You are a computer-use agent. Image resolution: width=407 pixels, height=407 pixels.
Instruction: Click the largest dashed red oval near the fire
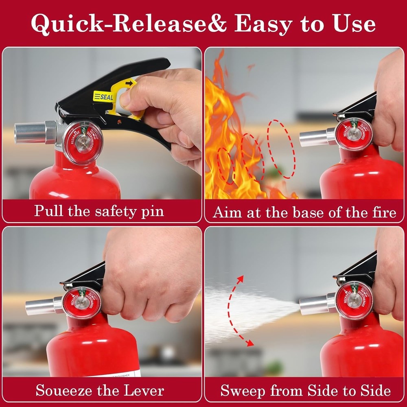pyautogui.click(x=281, y=149)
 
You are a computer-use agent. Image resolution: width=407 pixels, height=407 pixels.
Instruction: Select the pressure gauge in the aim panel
pyautogui.click(x=354, y=134)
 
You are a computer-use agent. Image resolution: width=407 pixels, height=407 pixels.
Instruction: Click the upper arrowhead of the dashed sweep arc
pyautogui.click(x=241, y=279)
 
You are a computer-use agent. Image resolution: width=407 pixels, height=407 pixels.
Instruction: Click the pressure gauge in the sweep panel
pyautogui.click(x=354, y=300)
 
